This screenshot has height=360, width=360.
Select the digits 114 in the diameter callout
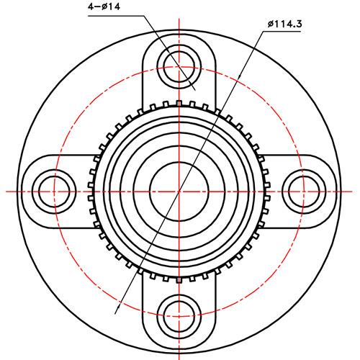click(282, 24)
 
